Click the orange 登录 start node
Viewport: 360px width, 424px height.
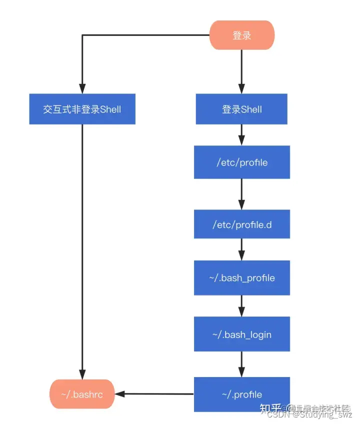click(241, 35)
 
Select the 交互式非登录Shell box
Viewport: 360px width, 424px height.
click(82, 109)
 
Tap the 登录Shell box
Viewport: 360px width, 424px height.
click(241, 109)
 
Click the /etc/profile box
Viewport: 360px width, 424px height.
click(242, 162)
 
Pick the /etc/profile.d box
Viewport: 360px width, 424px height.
click(242, 224)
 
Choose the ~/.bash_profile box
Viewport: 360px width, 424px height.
click(242, 277)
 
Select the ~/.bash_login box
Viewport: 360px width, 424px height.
click(242, 334)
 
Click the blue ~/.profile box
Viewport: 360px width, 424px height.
click(242, 394)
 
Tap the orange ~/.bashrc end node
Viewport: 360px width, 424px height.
click(82, 394)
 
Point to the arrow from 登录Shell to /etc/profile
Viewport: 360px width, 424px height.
click(241, 135)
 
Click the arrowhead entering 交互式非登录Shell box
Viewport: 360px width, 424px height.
click(82, 89)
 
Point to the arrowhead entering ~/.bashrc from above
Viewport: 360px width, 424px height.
click(82, 374)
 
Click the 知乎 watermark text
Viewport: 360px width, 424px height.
click(270, 407)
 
